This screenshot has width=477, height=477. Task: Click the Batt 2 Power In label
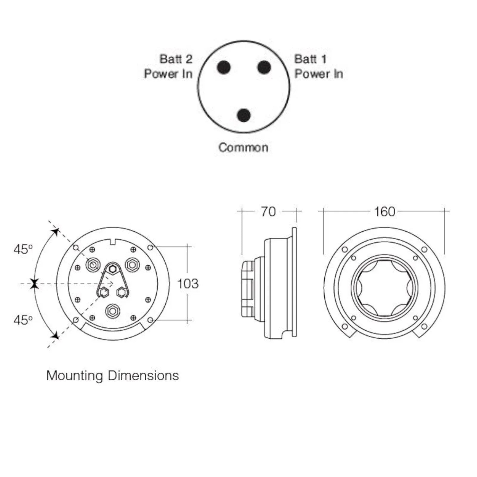pyautogui.click(x=168, y=66)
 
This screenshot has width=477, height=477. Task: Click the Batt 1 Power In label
pyautogui.click(x=319, y=66)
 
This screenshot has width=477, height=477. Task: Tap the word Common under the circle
pyautogui.click(x=243, y=147)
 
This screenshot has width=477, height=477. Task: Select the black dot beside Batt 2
pyautogui.click(x=224, y=67)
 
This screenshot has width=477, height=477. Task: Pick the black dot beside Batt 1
pyautogui.click(x=264, y=67)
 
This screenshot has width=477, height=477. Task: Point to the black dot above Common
pyautogui.click(x=244, y=115)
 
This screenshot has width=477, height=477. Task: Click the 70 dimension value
pyautogui.click(x=268, y=212)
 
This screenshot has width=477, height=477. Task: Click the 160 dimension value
pyautogui.click(x=385, y=212)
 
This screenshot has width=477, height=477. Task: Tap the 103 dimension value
pyautogui.click(x=188, y=284)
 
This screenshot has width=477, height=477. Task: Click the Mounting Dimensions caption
pyautogui.click(x=113, y=376)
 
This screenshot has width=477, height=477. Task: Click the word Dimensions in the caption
pyautogui.click(x=143, y=375)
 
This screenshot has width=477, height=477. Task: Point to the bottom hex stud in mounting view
pyautogui.click(x=113, y=311)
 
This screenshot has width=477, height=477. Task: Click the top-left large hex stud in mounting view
pyautogui.click(x=93, y=265)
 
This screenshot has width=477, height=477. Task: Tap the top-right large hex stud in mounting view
pyautogui.click(x=132, y=264)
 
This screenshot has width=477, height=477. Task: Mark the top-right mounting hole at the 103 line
pyautogui.click(x=150, y=247)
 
